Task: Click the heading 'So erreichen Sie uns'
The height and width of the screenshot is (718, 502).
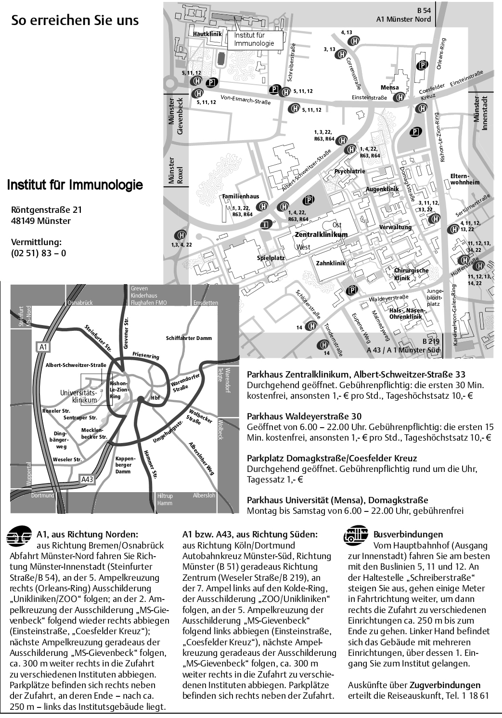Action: coord(75,21)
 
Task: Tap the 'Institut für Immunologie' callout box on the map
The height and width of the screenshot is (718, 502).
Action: coord(254,39)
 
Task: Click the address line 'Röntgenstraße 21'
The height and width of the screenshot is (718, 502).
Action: coord(47,210)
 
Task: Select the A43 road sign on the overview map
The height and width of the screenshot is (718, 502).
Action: coord(87,479)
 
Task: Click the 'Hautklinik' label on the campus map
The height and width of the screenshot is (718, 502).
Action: coord(207,34)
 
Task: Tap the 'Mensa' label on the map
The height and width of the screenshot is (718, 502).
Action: coord(389,88)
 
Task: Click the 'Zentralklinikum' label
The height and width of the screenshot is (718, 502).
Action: coord(321,235)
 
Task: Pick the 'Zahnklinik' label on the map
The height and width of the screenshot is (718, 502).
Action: coord(331,263)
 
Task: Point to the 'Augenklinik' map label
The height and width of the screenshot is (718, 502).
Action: coord(383,189)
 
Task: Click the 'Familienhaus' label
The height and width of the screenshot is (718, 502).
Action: coord(240,196)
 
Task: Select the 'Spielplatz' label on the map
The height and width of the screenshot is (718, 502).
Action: coord(270,258)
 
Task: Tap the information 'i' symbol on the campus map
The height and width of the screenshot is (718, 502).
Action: coord(264,224)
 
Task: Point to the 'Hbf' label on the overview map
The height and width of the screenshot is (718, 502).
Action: coord(155,398)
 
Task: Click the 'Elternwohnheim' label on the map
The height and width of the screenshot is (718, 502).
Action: coord(465,179)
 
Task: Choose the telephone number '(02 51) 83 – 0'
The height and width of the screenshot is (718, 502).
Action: coord(39,252)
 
